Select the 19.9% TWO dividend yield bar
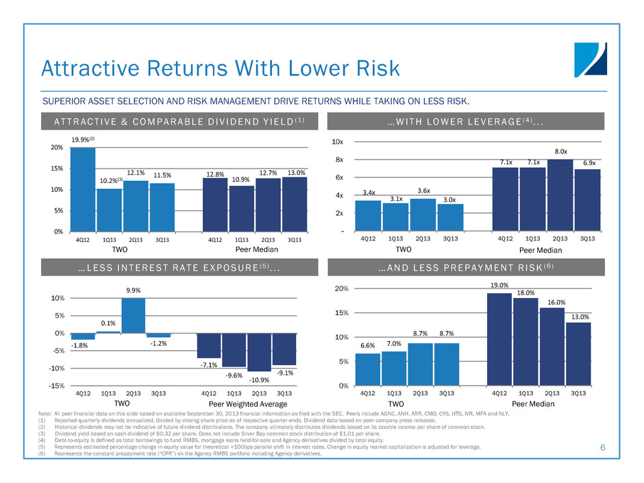pyautogui.click(x=83, y=190)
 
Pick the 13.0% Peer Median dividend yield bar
pyautogui.click(x=295, y=204)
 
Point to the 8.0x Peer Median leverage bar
pyautogui.click(x=560, y=195)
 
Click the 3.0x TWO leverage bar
pyautogui.click(x=450, y=217)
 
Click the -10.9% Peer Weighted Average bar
pyautogui.click(x=260, y=352)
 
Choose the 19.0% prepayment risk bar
pyautogui.click(x=499, y=339)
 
